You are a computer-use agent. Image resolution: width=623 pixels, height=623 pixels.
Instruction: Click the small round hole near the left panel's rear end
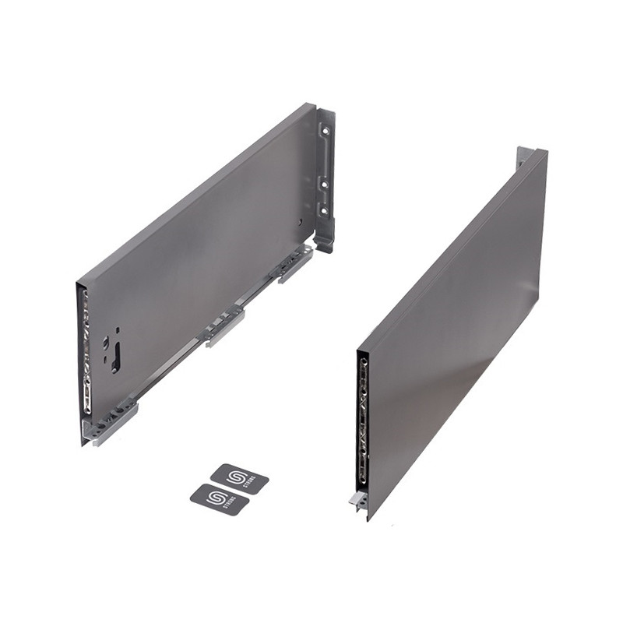click(x=301, y=221)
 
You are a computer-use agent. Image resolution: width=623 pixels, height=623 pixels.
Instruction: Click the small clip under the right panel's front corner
click(x=358, y=501)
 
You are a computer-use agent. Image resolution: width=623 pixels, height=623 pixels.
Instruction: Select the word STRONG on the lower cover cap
click(x=232, y=503)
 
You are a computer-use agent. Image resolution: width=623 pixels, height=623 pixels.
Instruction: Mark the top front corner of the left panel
click(x=78, y=282)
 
